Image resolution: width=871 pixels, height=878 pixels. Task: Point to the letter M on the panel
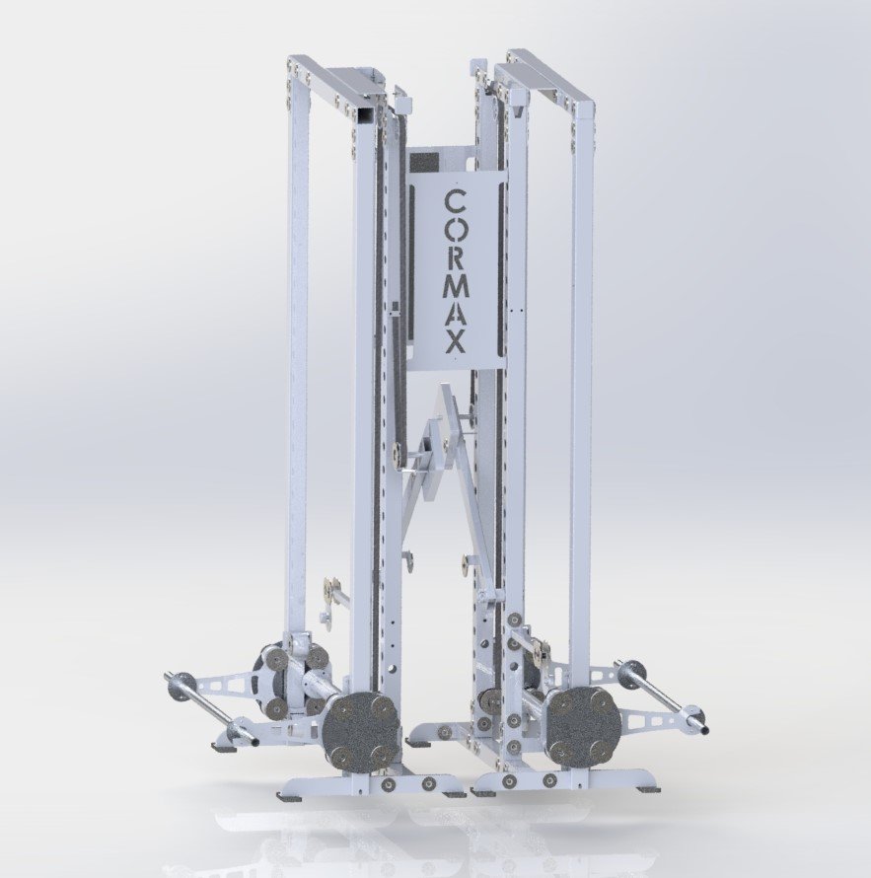[456, 287]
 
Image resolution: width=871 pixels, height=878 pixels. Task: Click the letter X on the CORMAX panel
[456, 343]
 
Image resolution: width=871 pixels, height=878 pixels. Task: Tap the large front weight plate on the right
[583, 725]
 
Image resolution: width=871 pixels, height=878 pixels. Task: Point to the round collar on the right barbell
[630, 674]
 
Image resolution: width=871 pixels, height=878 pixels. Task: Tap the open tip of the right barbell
[704, 729]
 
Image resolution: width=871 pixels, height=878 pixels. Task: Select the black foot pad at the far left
[224, 747]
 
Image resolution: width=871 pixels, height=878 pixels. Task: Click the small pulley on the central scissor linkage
[397, 456]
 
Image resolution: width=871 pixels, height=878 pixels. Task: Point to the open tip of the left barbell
[254, 740]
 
